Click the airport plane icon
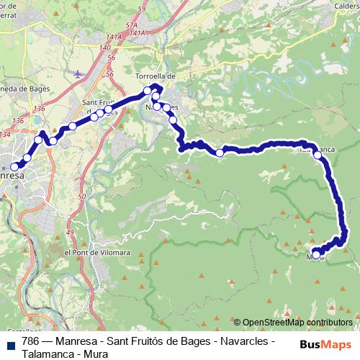(x=78, y=72)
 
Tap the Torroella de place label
(x=156, y=75)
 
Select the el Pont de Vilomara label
(x=96, y=253)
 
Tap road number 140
(x=105, y=47)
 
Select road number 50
(x=82, y=196)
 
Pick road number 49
(x=70, y=233)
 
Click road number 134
(x=6, y=135)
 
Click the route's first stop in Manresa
(x=14, y=166)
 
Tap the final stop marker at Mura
(x=316, y=254)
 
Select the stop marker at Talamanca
(x=318, y=154)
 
